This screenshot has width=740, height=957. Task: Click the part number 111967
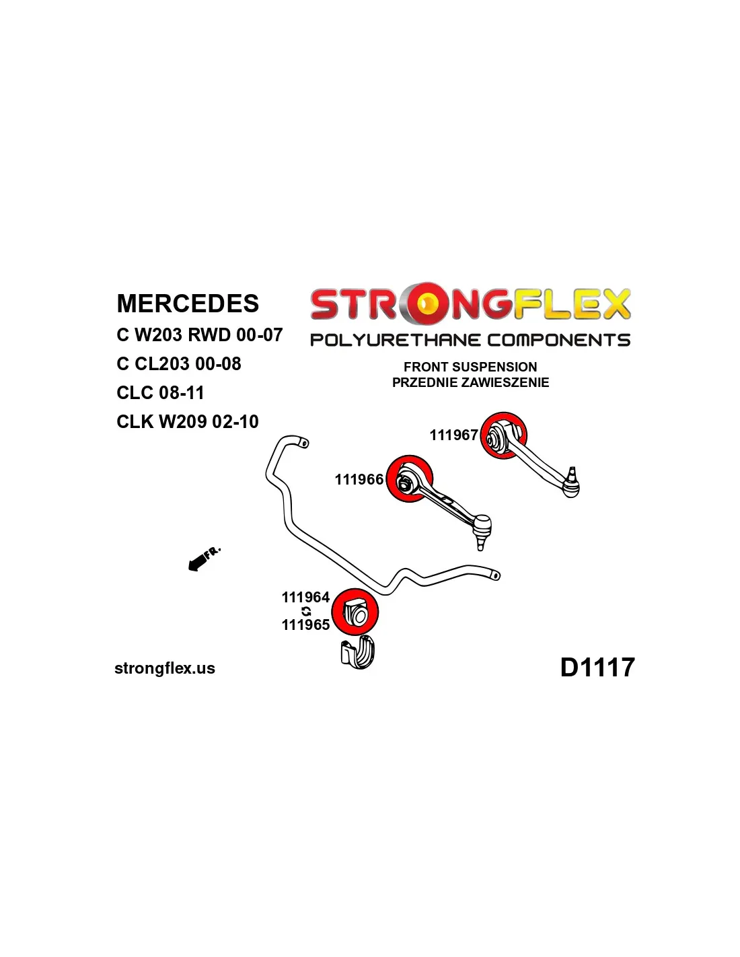point(453,435)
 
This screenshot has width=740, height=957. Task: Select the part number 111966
point(359,479)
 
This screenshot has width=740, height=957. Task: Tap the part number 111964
point(305,597)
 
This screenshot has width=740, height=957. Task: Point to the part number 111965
point(305,625)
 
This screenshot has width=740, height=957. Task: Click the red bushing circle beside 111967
point(503,435)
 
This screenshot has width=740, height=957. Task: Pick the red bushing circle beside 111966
point(410,479)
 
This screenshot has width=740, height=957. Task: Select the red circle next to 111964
point(355,612)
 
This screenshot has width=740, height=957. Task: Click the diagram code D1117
point(597,668)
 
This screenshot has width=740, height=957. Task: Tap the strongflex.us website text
point(165,668)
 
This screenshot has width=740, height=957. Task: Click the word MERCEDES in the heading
point(188,304)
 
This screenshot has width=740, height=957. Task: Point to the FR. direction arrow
point(202,559)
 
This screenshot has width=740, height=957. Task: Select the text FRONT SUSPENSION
point(470,367)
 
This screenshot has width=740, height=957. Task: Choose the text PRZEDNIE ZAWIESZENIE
point(470,382)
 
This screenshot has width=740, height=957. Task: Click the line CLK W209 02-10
point(187,422)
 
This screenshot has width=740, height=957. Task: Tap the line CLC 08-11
point(160,392)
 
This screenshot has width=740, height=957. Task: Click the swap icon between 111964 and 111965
point(306,611)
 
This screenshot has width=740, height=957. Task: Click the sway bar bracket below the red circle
point(357,652)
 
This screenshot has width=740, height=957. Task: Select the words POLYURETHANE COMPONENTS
point(470,340)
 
